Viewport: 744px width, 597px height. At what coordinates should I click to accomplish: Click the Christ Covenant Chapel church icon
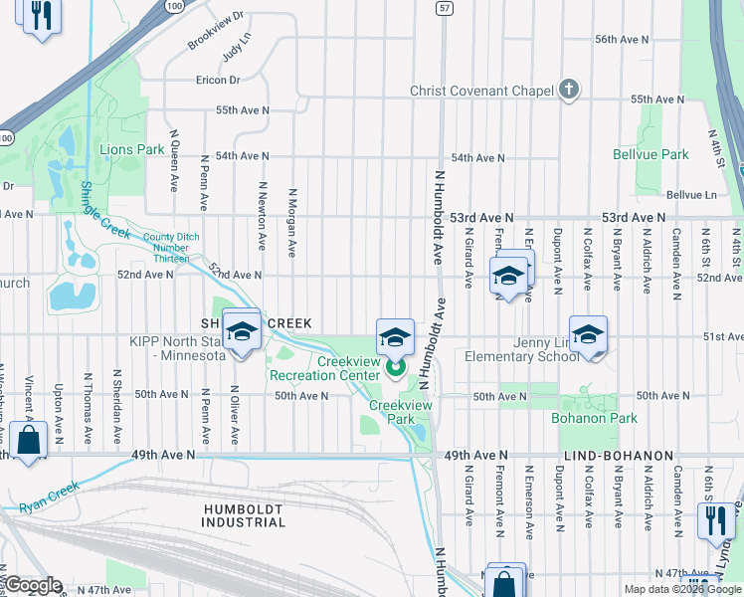(x=568, y=91)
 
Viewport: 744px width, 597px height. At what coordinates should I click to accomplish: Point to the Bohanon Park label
(x=595, y=418)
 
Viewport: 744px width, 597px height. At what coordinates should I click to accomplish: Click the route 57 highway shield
(x=444, y=7)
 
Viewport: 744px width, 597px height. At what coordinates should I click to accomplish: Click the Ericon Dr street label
(x=218, y=80)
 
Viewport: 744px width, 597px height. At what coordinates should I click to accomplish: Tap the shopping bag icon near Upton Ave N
(x=29, y=440)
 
